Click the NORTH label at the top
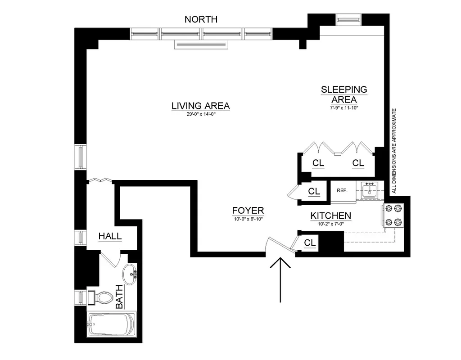pyautogui.click(x=201, y=19)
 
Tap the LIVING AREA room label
pyautogui.click(x=200, y=106)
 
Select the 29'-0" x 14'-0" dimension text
pyautogui.click(x=200, y=115)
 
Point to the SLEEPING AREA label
pyautogui.click(x=344, y=94)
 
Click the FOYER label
pyautogui.click(x=248, y=211)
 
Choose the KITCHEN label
pyautogui.click(x=330, y=216)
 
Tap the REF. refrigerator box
pyautogui.click(x=342, y=190)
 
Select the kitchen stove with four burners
pyautogui.click(x=395, y=215)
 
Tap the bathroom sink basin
pyautogui.click(x=130, y=273)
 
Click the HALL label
pyautogui.click(x=110, y=236)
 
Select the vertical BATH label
pyautogui.click(x=120, y=297)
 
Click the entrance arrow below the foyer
pyautogui.click(x=280, y=279)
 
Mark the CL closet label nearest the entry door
pyautogui.click(x=310, y=243)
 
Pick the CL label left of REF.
pyautogui.click(x=314, y=191)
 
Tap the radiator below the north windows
pyautogui.click(x=202, y=44)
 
